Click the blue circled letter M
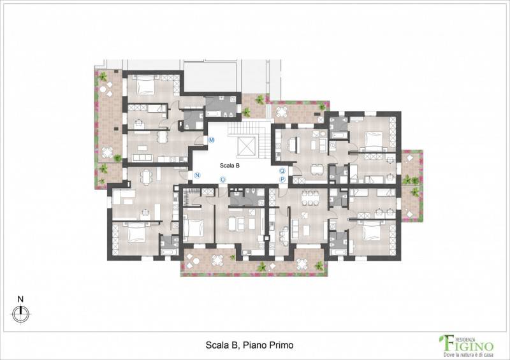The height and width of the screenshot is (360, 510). click(212, 140)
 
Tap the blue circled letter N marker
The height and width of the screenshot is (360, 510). click(197, 175)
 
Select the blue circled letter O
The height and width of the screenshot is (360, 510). click(222, 180)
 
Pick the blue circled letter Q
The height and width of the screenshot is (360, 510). click(282, 171)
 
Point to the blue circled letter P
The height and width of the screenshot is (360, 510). click(282, 179)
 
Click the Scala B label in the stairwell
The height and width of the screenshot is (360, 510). click(229, 166)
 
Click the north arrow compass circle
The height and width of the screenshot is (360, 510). click(20, 314)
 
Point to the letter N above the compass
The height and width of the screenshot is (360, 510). click(20, 299)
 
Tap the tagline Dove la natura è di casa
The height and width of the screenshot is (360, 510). click(469, 354)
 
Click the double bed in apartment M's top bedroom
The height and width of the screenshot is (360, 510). click(145, 85)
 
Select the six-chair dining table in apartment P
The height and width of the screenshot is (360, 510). click(310, 198)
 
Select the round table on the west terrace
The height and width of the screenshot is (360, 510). click(107, 151)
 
